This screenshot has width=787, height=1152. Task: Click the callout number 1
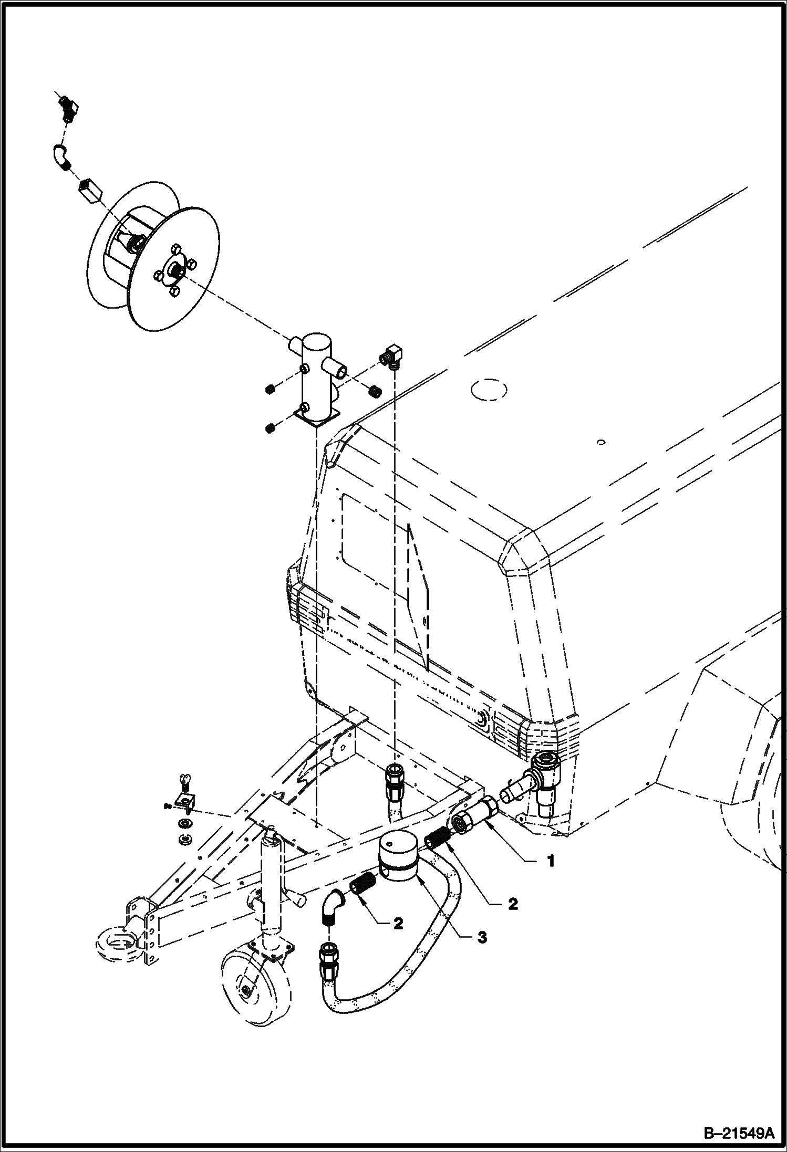(551, 861)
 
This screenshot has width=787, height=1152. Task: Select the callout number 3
(482, 937)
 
